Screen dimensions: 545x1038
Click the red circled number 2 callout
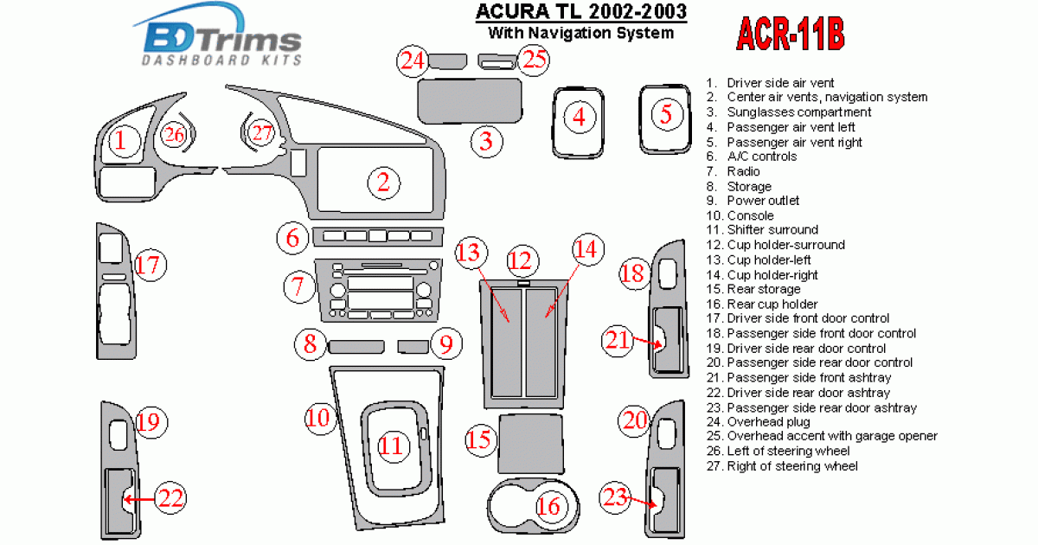383,182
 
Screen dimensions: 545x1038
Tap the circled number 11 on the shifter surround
392,446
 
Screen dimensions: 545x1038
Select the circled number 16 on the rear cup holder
549,506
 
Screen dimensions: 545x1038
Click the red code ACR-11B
790,35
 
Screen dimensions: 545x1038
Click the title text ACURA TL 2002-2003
581,12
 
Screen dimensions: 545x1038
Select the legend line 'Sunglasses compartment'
798,112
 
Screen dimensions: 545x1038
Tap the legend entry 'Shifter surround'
772,230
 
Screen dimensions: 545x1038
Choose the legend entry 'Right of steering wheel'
791,466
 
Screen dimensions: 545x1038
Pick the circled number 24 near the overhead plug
413,61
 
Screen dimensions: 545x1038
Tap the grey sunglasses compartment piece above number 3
471,101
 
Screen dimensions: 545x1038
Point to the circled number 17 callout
150,265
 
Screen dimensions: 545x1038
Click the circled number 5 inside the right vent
666,113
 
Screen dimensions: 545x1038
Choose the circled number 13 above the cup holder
469,252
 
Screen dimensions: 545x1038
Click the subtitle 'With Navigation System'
580,34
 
